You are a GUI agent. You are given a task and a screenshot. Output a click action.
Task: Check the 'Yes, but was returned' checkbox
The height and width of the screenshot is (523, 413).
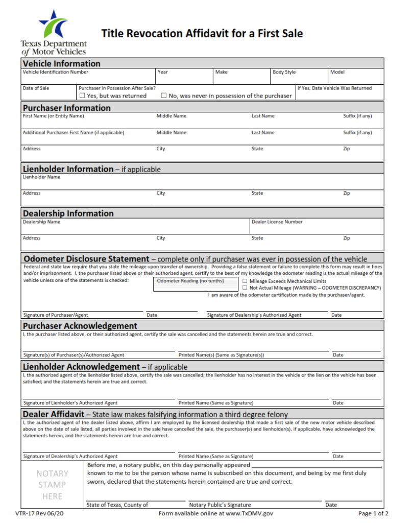point(82,96)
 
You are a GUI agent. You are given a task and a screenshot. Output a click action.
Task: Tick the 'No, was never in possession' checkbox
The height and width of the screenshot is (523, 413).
point(164,96)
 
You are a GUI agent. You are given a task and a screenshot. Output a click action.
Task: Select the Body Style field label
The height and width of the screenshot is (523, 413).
point(284,72)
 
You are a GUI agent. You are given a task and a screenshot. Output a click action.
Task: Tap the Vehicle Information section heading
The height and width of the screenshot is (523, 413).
point(62,63)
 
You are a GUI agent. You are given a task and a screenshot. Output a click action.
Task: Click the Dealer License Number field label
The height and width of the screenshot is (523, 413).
point(277,222)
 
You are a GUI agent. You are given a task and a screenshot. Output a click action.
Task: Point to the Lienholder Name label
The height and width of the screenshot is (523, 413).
point(41,177)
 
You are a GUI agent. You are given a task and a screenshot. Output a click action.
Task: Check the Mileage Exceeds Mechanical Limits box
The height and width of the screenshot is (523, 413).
point(245,281)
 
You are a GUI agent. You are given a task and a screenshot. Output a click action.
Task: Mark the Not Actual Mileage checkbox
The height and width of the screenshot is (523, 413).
point(245,288)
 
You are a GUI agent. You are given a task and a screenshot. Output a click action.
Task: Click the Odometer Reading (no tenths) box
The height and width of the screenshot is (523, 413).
point(197,284)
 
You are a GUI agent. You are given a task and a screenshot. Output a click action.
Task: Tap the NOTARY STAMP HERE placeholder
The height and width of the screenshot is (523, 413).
point(52,485)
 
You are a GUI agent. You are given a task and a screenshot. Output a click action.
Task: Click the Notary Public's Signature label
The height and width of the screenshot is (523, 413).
point(220,505)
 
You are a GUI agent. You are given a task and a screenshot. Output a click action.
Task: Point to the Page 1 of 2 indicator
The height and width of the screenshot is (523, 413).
point(373,514)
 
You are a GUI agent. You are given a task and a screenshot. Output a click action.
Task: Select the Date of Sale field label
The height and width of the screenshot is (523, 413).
point(36,88)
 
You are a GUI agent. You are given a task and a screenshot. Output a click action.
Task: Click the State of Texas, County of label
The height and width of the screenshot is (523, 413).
point(117,505)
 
